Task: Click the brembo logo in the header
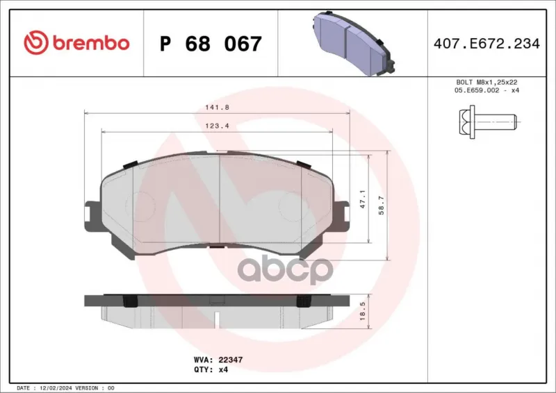[x=76, y=43]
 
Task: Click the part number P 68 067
[x=211, y=44]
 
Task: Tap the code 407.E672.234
[x=486, y=44]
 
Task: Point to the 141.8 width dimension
[x=218, y=108]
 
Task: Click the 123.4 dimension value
[x=218, y=126]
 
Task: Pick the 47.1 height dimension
[x=362, y=199]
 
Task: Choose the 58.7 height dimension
[x=381, y=206]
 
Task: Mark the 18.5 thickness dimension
[x=362, y=312]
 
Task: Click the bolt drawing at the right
[x=488, y=122]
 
